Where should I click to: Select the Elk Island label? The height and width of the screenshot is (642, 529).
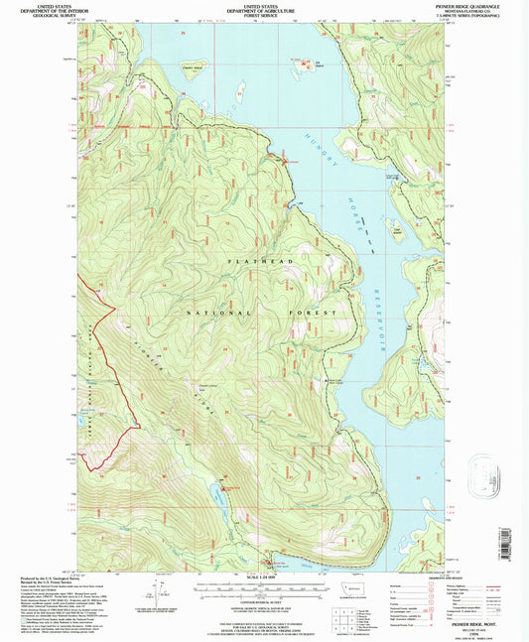320,66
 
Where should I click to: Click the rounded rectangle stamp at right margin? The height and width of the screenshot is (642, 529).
483,469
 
